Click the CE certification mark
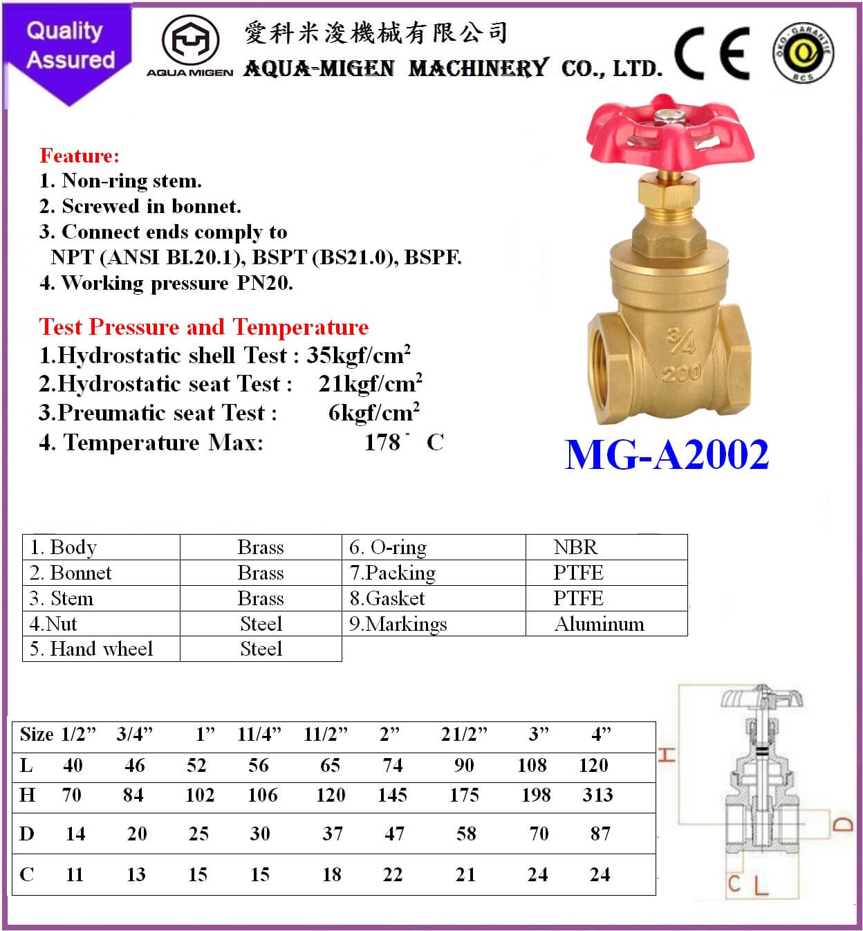pyautogui.click(x=712, y=53)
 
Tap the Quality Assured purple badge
pyautogui.click(x=69, y=48)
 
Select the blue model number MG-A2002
pyautogui.click(x=667, y=454)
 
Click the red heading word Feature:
pyautogui.click(x=80, y=155)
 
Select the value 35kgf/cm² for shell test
pyautogui.click(x=358, y=355)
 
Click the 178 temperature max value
pyautogui.click(x=382, y=442)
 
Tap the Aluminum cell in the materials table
pyautogui.click(x=599, y=624)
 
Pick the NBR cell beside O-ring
pyautogui.click(x=575, y=547)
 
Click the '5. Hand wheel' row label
pyautogui.click(x=91, y=649)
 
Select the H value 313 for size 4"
pyautogui.click(x=597, y=795)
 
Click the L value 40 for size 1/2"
pyautogui.click(x=73, y=765)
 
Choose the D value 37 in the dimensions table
pyautogui.click(x=332, y=833)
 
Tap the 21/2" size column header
pyautogui.click(x=464, y=734)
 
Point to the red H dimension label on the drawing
pyautogui.click(x=666, y=754)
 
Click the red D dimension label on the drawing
pyautogui.click(x=842, y=824)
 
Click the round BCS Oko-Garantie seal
pyautogui.click(x=804, y=53)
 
